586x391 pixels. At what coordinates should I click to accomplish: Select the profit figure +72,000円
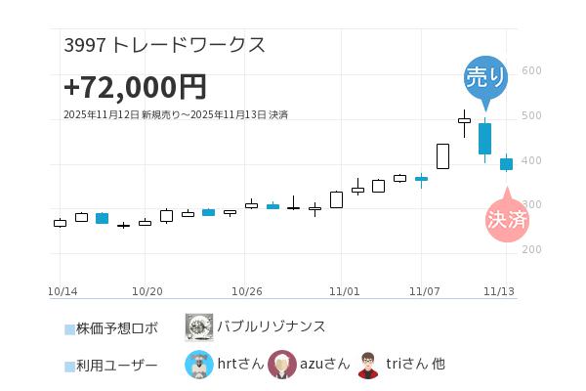click(135, 87)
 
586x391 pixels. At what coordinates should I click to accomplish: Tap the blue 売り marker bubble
click(485, 77)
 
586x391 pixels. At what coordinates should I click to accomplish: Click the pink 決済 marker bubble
click(507, 219)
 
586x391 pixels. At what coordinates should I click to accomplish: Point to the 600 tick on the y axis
click(531, 70)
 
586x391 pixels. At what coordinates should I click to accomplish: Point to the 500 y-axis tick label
click(531, 115)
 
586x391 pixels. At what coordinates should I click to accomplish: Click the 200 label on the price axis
click(531, 249)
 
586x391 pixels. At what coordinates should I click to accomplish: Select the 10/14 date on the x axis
click(63, 291)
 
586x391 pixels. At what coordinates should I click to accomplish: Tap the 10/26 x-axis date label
click(248, 291)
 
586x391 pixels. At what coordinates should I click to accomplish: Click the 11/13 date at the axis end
click(500, 291)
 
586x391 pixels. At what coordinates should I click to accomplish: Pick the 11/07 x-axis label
click(425, 291)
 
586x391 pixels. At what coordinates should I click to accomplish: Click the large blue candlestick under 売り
click(484, 138)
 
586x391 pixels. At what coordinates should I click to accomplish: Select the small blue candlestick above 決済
click(506, 164)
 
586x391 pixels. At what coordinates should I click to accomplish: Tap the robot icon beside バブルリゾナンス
click(199, 326)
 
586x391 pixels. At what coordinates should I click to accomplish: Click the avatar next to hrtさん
click(199, 365)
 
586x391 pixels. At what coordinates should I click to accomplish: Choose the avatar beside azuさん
click(282, 365)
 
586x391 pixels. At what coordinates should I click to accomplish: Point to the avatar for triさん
click(368, 365)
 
